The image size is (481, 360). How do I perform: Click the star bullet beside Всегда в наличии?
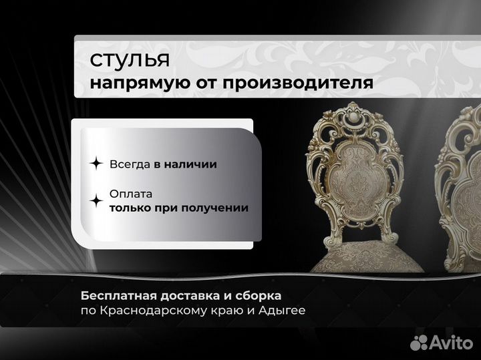(96, 164)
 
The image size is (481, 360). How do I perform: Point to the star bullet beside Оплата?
(96, 200)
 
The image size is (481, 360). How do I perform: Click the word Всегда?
(129, 164)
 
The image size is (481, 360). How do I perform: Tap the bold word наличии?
(193, 164)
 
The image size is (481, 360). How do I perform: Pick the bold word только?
(134, 208)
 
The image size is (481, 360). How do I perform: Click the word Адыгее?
(284, 311)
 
